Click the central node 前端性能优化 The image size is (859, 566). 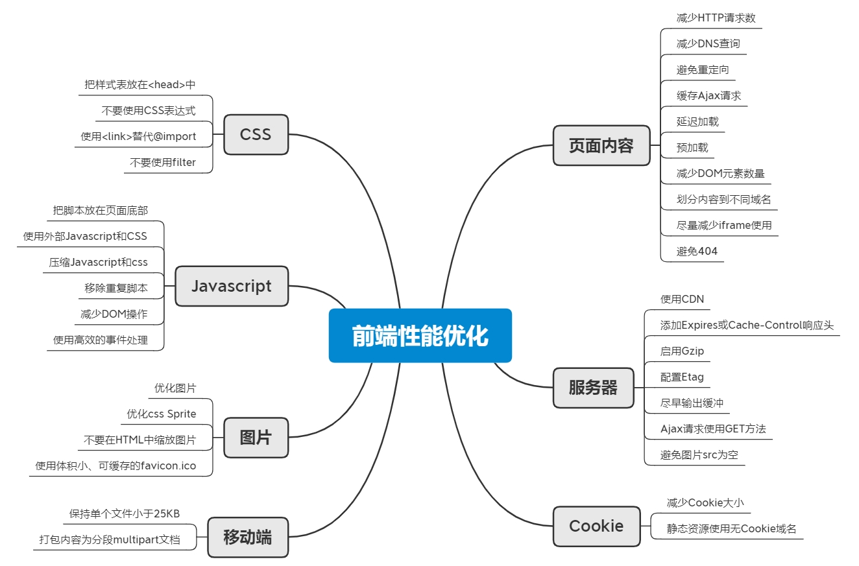[x=420, y=336]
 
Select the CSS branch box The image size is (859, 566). [x=256, y=135]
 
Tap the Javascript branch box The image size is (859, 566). [x=232, y=286]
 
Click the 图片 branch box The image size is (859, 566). [x=256, y=438]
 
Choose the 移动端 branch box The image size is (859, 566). [x=247, y=537]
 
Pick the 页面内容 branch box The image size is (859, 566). [x=601, y=145]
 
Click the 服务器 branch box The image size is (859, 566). [x=593, y=388]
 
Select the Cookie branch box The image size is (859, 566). [x=596, y=526]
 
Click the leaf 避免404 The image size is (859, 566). [x=697, y=252]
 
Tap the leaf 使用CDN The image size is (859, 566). [x=682, y=300]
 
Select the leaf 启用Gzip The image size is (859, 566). [x=682, y=351]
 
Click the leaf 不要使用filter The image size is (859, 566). [x=162, y=163]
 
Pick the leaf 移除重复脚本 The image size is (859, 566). [x=115, y=288]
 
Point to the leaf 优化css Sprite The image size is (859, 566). [x=161, y=414]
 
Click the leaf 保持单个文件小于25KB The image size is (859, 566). [x=124, y=514]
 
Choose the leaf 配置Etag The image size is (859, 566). [x=682, y=377]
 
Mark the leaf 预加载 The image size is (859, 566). [x=692, y=148]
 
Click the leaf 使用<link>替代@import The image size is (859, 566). [x=138, y=137]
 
